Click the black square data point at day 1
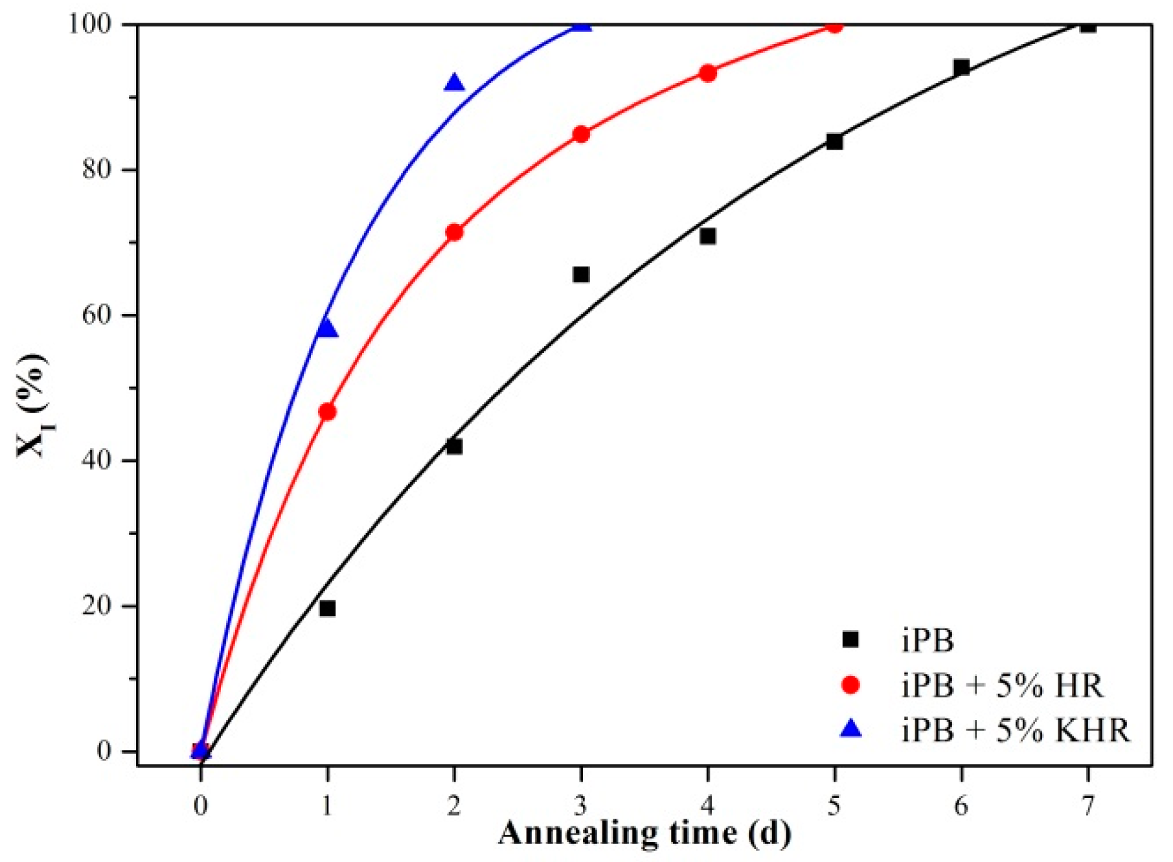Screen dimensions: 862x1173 tap(327, 608)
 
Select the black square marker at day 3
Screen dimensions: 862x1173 tap(581, 275)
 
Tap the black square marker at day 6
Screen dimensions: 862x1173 tap(961, 67)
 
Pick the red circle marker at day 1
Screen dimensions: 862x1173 tap(327, 412)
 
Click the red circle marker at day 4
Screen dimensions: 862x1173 tap(708, 73)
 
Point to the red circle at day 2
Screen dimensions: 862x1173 tap(454, 232)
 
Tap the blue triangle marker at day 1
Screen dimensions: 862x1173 tap(327, 329)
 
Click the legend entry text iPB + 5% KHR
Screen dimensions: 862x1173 tap(1015, 730)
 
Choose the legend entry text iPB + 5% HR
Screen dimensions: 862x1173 tap(1002, 685)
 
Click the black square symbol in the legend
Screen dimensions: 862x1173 tap(850, 640)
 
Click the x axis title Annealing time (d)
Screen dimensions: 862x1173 tap(644, 834)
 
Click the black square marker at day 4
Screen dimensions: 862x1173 tap(708, 236)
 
